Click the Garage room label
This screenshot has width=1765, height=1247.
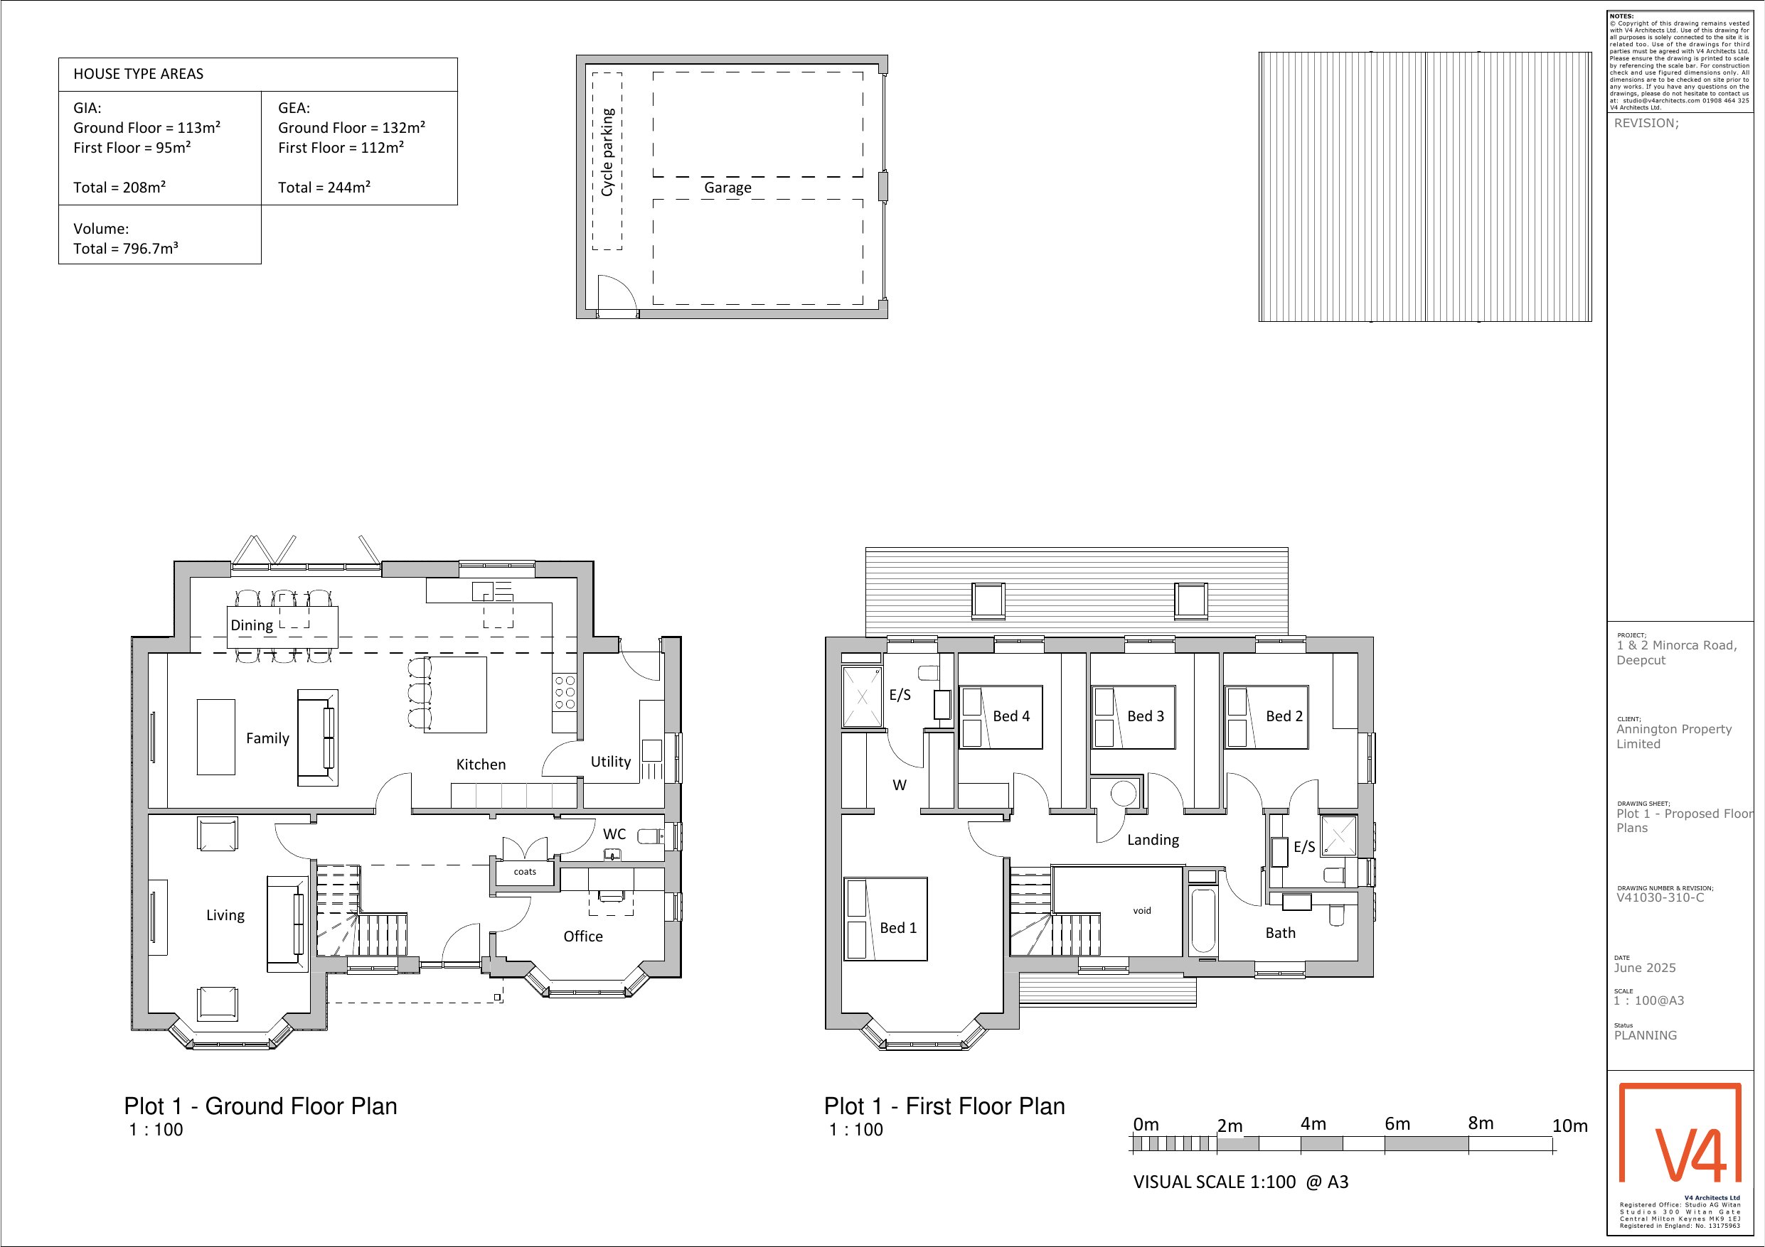[x=727, y=188]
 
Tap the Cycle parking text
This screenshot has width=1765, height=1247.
[x=607, y=152]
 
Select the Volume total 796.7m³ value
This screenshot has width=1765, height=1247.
[x=126, y=248]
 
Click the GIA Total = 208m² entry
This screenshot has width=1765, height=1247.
[x=120, y=188]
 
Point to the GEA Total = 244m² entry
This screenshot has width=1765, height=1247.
[x=324, y=188]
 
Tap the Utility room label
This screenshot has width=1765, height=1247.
[x=610, y=762]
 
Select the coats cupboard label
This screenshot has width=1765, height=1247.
[x=525, y=871]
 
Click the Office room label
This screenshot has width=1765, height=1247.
[x=582, y=936]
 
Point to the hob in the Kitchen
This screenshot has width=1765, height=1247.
[x=564, y=693]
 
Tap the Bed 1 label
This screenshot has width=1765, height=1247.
[x=898, y=928]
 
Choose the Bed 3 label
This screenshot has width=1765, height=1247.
[x=1146, y=716]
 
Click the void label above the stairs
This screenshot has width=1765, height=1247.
[x=1141, y=910]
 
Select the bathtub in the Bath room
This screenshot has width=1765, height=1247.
[x=1203, y=920]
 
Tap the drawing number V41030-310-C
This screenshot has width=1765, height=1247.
[x=1660, y=897]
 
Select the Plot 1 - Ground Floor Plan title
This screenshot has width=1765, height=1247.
[x=260, y=1106]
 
